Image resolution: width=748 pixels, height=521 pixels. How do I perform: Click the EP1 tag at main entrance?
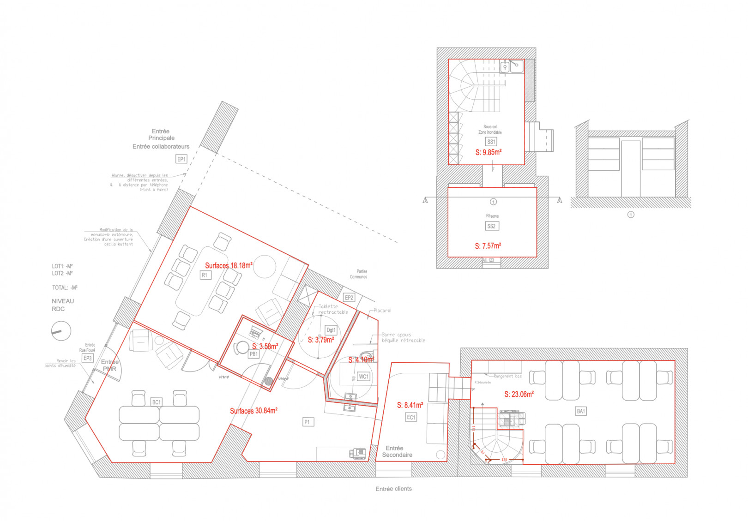[x=181, y=159]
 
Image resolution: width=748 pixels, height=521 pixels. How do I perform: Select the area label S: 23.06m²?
[x=519, y=394]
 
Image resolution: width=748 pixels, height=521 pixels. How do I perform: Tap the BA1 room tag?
[x=581, y=411]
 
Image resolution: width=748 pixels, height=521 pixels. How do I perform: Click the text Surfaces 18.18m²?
[x=229, y=265]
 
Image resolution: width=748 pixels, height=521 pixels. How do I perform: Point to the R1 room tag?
[x=205, y=275]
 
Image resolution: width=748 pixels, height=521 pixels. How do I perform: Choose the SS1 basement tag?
[x=491, y=142]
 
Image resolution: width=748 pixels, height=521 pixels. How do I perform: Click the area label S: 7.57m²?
[x=488, y=246]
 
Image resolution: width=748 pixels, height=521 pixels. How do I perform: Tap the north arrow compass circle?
[x=61, y=331]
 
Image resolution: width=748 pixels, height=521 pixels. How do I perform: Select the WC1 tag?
[x=364, y=377]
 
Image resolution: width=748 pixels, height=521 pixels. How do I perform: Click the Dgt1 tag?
[x=331, y=330]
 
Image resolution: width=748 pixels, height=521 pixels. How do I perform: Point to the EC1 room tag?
[x=411, y=417]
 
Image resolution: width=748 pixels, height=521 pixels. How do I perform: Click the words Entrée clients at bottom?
[x=393, y=489]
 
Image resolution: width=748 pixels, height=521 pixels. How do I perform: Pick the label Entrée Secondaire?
[x=397, y=451]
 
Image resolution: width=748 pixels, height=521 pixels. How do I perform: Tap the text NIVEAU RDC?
[x=62, y=305]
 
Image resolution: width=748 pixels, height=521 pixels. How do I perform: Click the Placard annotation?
[x=382, y=311]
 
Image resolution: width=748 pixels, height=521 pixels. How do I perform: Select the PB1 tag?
[x=253, y=354]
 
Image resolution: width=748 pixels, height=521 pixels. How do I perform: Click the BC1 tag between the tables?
[x=157, y=402]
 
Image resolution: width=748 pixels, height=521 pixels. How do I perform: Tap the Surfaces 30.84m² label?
[x=253, y=411]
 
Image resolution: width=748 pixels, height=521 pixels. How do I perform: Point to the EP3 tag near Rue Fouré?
[x=87, y=358]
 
